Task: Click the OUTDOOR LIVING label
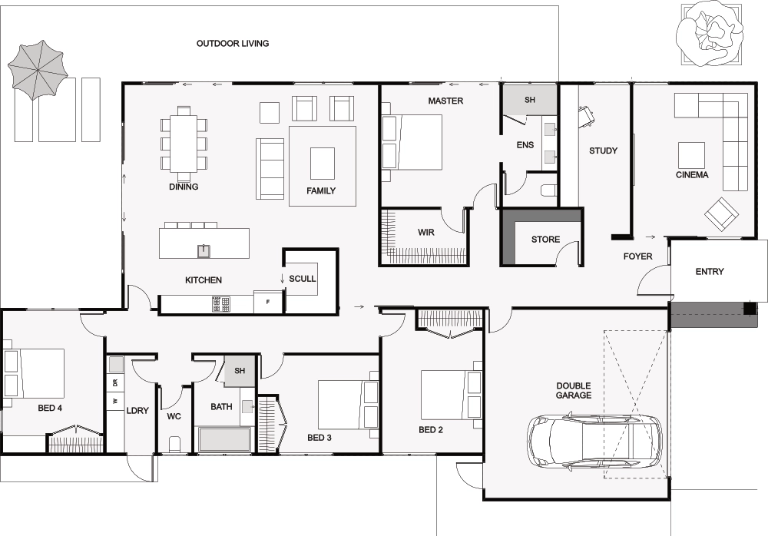click(233, 44)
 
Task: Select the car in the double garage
click(594, 442)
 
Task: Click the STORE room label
click(545, 240)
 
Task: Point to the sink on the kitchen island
click(204, 251)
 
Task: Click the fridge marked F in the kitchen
click(268, 302)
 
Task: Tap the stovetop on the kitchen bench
click(221, 305)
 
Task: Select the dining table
click(184, 143)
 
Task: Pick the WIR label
click(425, 232)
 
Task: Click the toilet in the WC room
click(174, 443)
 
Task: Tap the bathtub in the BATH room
click(225, 439)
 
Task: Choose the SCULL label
click(302, 279)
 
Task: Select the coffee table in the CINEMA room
click(692, 155)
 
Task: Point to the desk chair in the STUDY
click(586, 117)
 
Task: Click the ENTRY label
click(710, 271)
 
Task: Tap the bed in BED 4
click(34, 373)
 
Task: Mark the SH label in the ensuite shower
click(530, 100)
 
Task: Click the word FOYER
click(637, 256)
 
